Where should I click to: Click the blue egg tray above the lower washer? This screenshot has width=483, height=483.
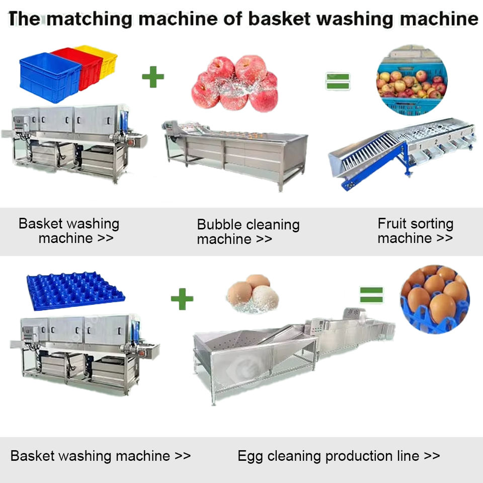75,292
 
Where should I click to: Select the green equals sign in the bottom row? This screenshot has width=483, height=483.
371,295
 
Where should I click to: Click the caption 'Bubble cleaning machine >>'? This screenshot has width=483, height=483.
248,231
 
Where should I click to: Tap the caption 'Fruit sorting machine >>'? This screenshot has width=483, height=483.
415,230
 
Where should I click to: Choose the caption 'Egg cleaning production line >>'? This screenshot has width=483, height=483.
339,456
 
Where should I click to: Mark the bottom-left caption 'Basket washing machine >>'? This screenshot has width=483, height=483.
101,456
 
